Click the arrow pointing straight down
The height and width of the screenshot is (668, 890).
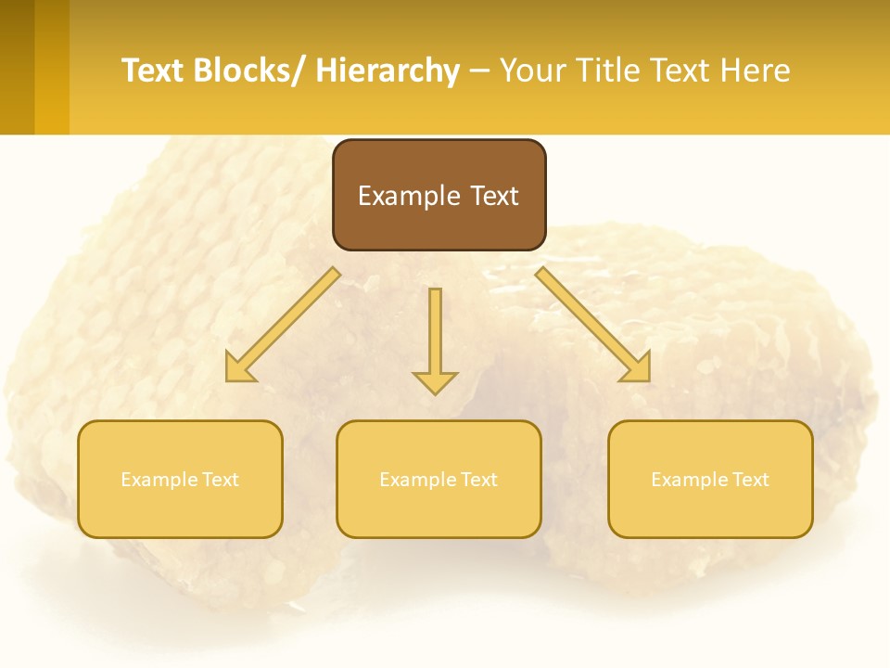click(x=435, y=339)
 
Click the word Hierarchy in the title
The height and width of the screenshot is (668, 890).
click(x=388, y=71)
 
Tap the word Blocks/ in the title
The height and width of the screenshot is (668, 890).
click(x=250, y=71)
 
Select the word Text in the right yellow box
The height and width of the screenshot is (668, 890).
click(x=751, y=480)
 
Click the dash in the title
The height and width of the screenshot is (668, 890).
click(x=479, y=71)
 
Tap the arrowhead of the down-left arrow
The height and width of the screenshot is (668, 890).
click(x=240, y=368)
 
